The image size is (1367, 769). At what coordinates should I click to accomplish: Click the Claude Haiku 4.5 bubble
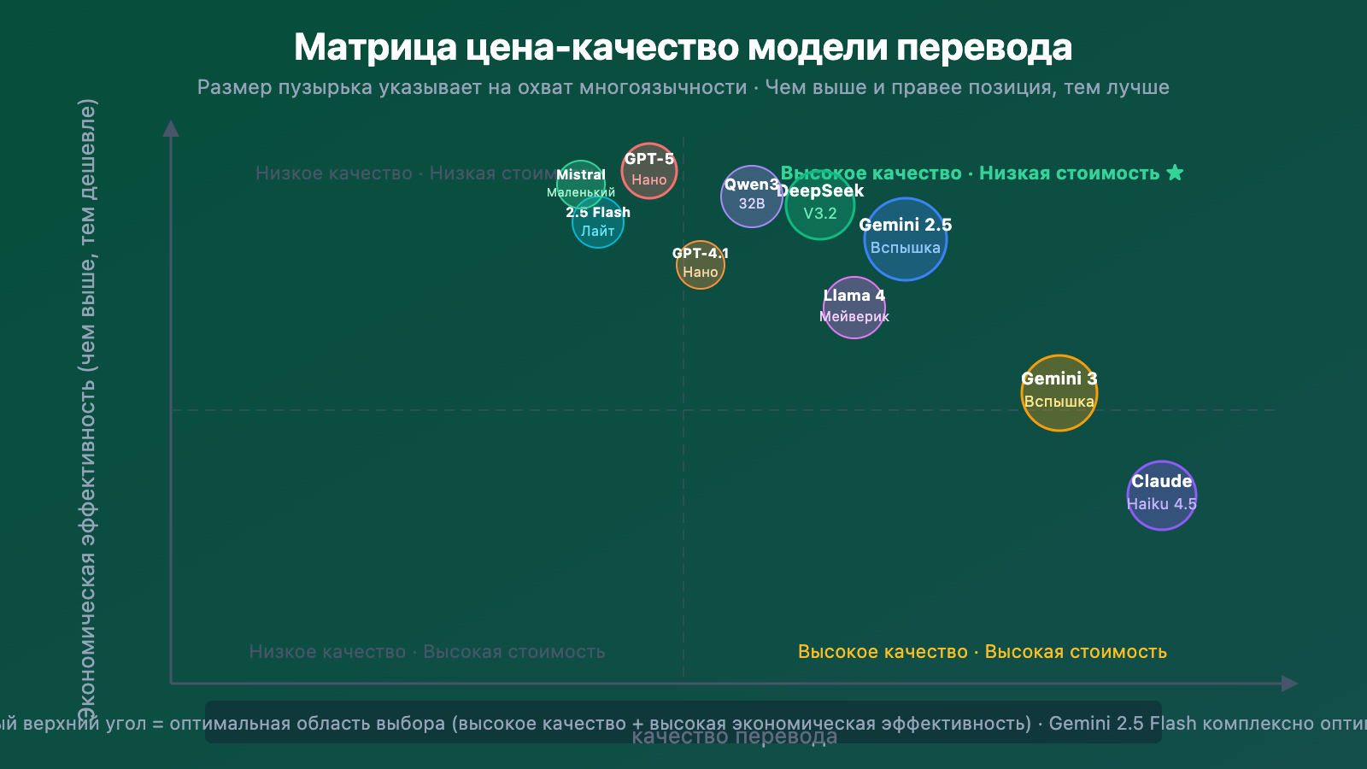(1162, 496)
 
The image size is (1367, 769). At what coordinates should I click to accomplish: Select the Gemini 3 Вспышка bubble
(1059, 393)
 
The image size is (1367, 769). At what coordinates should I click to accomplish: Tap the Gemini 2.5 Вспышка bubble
(906, 239)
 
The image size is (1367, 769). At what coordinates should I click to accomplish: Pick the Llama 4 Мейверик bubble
(854, 308)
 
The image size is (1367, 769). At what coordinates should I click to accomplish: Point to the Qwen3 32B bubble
(751, 197)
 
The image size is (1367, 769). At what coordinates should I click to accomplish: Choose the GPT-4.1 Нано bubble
(701, 265)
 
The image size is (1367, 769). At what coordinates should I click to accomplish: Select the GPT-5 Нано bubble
(649, 171)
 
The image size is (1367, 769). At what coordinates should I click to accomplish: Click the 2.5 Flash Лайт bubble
(598, 224)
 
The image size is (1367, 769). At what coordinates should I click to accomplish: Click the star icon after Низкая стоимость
(1176, 173)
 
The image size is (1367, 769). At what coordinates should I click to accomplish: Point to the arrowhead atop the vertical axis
(171, 128)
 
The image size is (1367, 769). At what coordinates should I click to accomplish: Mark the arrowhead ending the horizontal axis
(1290, 684)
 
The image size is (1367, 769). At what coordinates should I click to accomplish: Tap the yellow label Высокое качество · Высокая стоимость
(982, 652)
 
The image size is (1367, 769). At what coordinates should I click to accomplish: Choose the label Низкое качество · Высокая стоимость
(427, 652)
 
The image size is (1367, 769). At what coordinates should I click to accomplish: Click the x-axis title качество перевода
(735, 737)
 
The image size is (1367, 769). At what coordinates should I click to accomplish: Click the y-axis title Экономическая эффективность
(87, 410)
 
